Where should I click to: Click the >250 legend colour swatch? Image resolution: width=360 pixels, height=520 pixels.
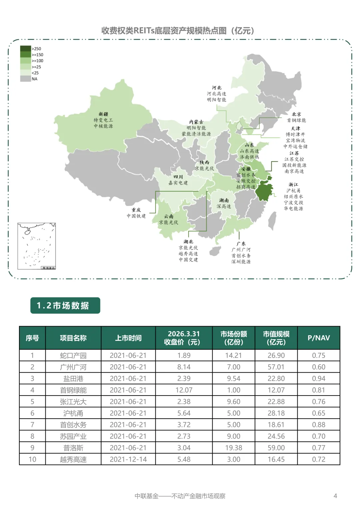tap(25, 49)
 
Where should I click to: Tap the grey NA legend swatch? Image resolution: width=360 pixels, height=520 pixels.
tap(25, 79)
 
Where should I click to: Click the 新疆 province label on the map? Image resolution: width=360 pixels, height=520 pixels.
tap(103, 114)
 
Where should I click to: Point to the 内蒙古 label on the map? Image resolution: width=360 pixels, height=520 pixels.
tap(196, 122)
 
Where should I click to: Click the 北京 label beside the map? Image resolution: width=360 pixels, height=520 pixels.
tap(296, 114)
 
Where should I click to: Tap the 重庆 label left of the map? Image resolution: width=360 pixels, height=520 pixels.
tap(136, 210)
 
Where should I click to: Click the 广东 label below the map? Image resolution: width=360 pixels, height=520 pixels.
tap(241, 244)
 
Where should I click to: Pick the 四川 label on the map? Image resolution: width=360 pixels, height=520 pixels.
tap(178, 177)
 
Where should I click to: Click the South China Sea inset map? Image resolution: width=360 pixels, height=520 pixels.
tap(37, 246)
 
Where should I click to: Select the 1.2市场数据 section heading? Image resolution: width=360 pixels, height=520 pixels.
tap(65, 306)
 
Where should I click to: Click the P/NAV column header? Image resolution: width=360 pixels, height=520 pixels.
tap(319, 338)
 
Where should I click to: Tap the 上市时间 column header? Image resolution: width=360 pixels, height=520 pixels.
tap(128, 338)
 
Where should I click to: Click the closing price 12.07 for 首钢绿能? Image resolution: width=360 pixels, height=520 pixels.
tap(184, 390)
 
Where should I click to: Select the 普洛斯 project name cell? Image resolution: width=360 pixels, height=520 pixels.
tap(73, 448)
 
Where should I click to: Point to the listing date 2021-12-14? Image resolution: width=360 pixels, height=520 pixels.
tap(128, 459)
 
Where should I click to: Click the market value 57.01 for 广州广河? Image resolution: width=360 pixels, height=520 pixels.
tap(276, 367)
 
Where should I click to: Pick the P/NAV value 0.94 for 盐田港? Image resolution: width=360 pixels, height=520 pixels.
tap(319, 379)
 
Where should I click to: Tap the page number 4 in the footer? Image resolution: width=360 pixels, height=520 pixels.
tap(335, 496)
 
